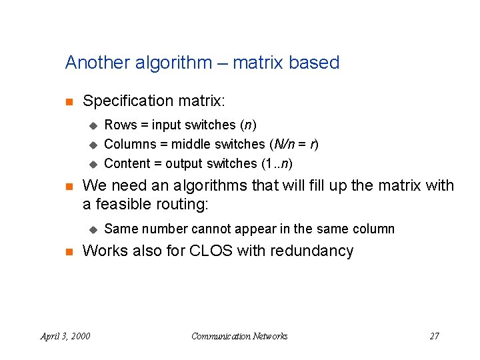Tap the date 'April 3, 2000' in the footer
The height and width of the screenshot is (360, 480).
[65, 336]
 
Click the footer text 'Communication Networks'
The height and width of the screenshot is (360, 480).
[239, 336]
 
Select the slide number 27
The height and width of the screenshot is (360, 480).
[434, 336]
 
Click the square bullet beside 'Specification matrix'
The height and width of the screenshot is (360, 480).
[68, 102]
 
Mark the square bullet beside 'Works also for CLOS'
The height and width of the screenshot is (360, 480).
[68, 252]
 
